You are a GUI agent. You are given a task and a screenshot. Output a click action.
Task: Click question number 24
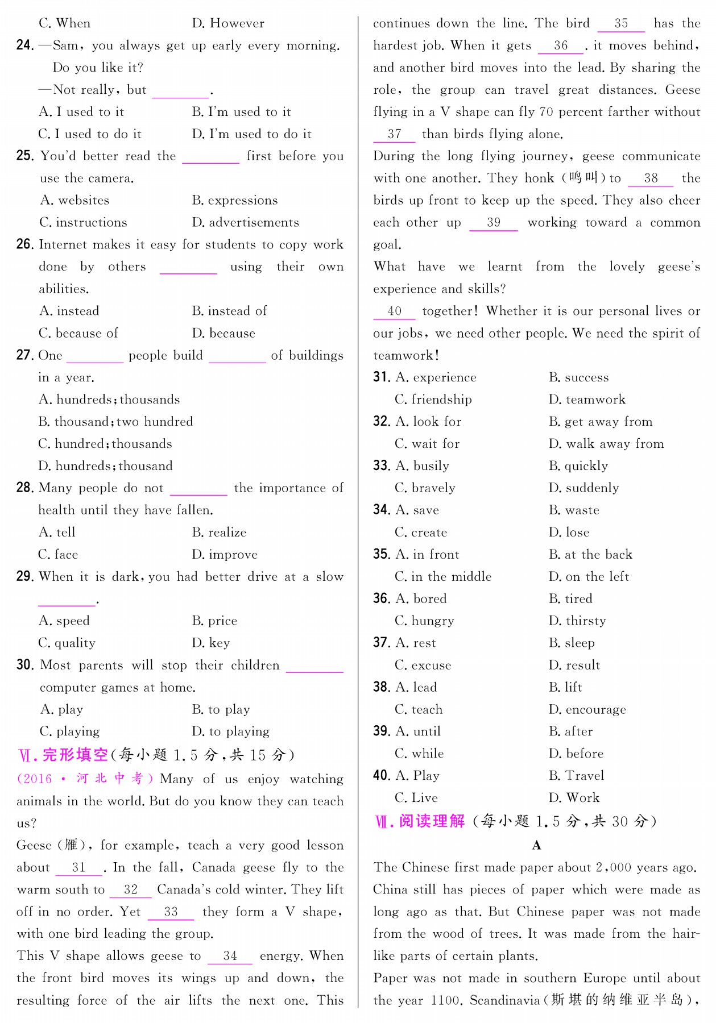click(x=25, y=45)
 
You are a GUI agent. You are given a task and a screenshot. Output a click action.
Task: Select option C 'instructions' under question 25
click(x=83, y=222)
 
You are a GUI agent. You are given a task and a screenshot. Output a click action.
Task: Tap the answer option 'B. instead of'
click(x=229, y=311)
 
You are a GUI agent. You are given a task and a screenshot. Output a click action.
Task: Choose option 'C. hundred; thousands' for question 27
click(x=105, y=444)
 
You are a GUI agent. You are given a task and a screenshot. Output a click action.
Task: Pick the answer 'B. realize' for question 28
click(x=219, y=533)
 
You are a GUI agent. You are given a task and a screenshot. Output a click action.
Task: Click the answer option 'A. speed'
click(x=64, y=621)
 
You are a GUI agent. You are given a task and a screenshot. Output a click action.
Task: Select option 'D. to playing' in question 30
click(x=230, y=731)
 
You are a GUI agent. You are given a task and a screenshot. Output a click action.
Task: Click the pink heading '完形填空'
click(x=75, y=755)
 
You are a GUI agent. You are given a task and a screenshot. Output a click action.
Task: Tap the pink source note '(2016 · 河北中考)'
click(x=85, y=779)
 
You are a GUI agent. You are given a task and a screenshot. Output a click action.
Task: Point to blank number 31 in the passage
click(x=79, y=867)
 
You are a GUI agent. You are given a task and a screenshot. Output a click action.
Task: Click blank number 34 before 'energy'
click(x=230, y=956)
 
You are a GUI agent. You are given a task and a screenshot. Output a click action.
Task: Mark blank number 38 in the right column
click(x=651, y=178)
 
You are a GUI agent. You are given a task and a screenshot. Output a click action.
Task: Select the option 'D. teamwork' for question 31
click(x=587, y=400)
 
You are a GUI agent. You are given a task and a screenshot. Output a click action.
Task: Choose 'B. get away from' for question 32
click(x=601, y=422)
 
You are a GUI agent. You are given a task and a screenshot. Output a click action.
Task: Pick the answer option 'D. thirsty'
click(x=577, y=621)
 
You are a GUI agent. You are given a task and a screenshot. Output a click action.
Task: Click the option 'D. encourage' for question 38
click(x=587, y=709)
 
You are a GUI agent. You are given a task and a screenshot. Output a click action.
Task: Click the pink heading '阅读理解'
click(x=432, y=821)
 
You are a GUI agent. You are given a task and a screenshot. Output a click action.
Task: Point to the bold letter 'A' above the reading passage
click(x=536, y=846)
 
